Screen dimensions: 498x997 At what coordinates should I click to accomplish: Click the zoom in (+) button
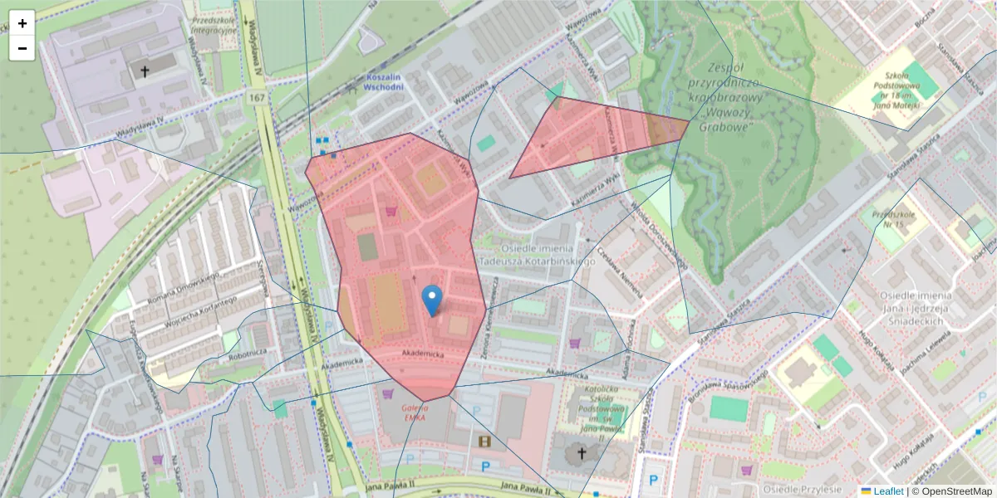tap(22, 23)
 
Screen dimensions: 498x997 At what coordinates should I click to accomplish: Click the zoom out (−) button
tap(22, 48)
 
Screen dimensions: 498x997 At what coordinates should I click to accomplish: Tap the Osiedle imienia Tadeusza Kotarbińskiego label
tap(548, 256)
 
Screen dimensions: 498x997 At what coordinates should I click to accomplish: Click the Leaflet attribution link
tap(888, 491)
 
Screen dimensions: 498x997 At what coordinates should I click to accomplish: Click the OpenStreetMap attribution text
tap(952, 491)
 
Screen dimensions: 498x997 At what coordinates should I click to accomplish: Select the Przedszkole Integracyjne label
tap(212, 25)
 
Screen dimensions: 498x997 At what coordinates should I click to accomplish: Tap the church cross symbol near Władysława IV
tap(144, 71)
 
